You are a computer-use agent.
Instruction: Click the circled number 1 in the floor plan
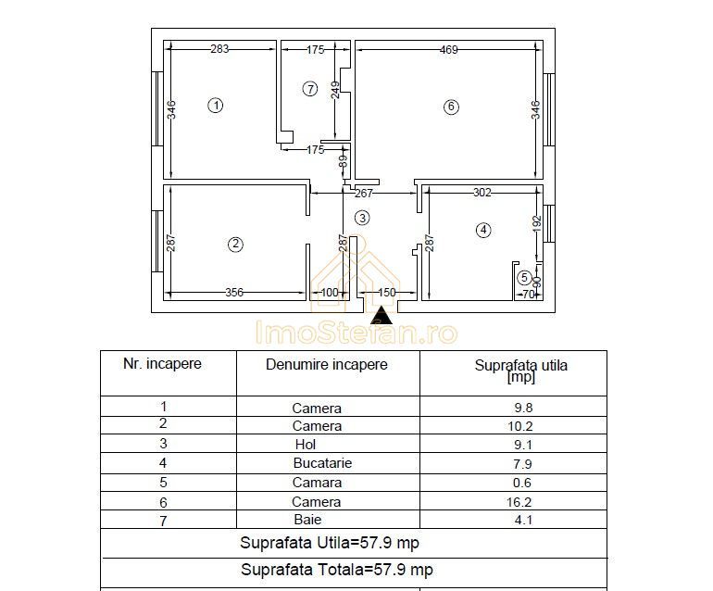coord(216,106)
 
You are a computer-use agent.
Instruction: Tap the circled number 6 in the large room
coord(451,107)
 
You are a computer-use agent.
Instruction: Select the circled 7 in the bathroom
coord(310,89)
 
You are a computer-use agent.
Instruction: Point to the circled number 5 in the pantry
coord(524,277)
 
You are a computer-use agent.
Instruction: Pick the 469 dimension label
coord(448,50)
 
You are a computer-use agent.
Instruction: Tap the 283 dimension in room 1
coord(219,50)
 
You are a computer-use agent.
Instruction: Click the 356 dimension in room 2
coord(235,293)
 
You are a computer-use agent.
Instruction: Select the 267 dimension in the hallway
coord(365,194)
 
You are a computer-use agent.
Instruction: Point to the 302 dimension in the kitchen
coord(482,194)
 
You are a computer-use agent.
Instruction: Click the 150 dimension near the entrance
coord(387,293)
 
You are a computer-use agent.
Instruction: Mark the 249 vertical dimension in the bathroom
coord(336,91)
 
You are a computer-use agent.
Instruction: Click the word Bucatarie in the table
coord(322,463)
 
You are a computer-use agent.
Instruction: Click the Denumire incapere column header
coord(326,365)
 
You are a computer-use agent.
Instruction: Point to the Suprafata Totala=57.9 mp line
coord(336,570)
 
